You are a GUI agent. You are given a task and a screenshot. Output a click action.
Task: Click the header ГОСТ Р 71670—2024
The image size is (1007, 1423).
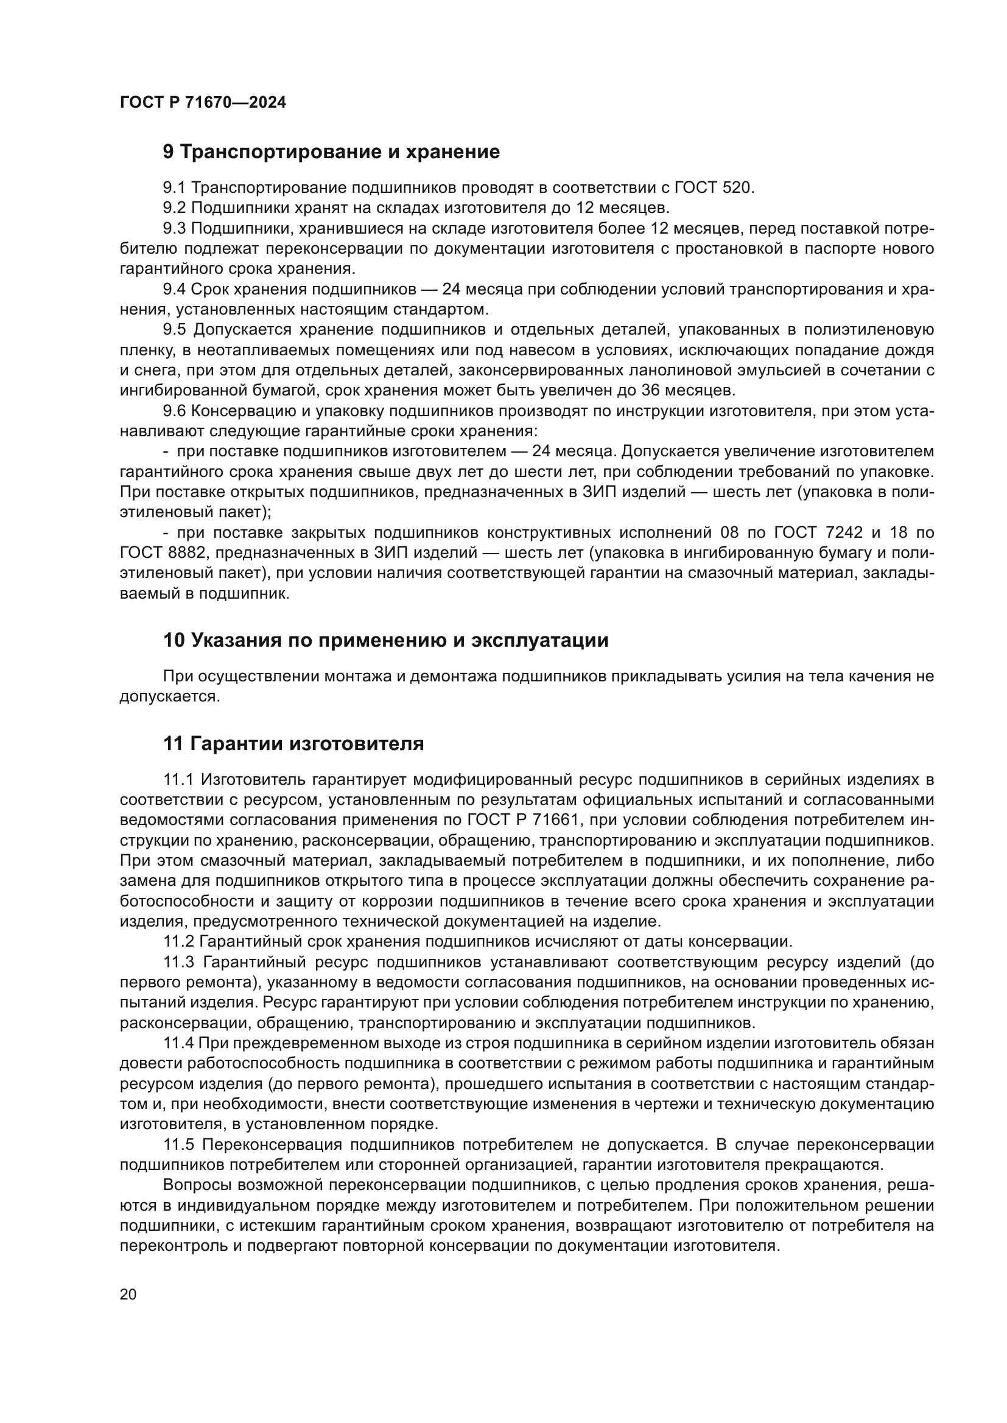[x=203, y=103]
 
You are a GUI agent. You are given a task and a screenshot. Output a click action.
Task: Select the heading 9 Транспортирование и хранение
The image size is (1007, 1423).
[x=331, y=152]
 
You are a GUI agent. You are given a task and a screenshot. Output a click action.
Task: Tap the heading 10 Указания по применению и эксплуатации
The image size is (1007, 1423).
[x=385, y=640]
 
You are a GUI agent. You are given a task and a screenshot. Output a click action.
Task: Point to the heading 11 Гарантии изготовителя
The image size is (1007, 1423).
[x=293, y=743]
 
